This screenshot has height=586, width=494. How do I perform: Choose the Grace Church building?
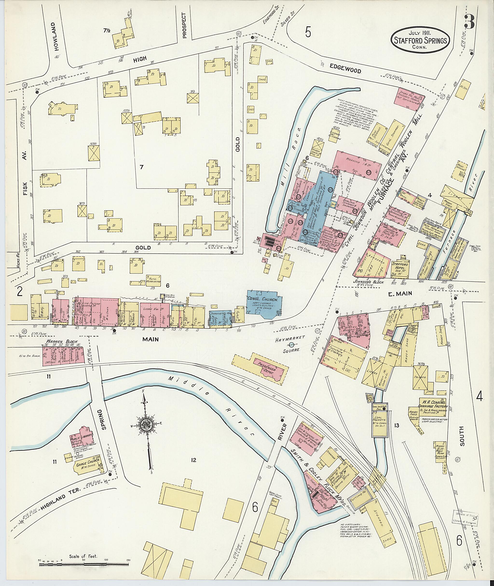[x=86, y=466]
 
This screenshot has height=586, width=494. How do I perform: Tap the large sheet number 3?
[x=469, y=22]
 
